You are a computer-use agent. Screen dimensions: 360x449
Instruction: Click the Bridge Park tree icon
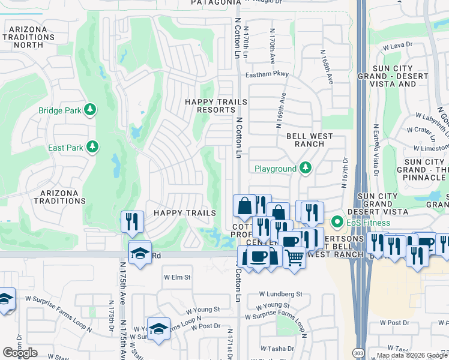point(89,110)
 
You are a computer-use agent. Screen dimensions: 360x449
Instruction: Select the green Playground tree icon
point(306,169)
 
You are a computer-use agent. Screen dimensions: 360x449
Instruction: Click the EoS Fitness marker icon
point(337,223)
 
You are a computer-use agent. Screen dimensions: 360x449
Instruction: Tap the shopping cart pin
point(294,258)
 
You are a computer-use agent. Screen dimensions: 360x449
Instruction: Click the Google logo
point(20,352)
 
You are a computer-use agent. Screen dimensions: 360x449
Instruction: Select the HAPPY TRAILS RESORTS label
point(216,106)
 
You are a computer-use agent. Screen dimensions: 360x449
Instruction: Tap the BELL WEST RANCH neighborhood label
point(309,140)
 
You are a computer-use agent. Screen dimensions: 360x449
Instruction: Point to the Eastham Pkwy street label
point(267,74)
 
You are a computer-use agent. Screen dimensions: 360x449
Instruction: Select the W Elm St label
point(177,278)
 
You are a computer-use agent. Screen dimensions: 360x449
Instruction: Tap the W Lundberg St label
point(280,294)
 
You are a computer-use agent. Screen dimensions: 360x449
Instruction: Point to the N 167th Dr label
point(345,173)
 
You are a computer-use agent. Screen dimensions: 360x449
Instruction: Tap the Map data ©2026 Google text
point(412,355)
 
